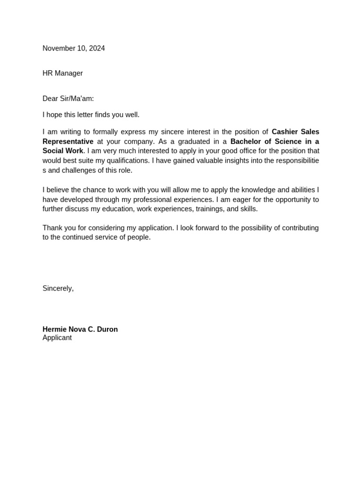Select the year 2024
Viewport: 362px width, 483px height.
[97, 48]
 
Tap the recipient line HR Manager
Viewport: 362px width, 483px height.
[63, 73]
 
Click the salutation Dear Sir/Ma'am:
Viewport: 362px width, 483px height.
[68, 99]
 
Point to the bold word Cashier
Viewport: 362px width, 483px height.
[285, 132]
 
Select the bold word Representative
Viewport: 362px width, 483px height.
[68, 142]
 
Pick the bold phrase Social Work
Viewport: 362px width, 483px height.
[63, 151]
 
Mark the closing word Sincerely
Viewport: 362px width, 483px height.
[58, 288]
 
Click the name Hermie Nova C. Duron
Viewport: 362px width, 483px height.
[80, 329]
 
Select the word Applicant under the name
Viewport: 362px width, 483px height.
[57, 338]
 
